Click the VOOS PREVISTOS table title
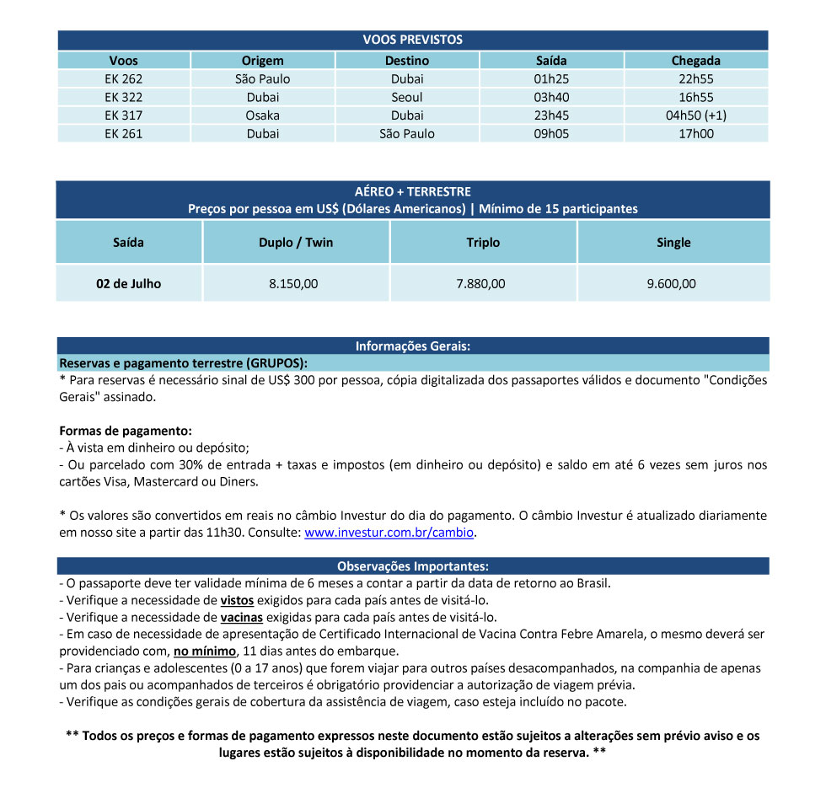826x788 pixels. coord(412,40)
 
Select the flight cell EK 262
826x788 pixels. coord(124,79)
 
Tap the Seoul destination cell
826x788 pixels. coord(407,97)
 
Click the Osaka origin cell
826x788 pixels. coord(263,115)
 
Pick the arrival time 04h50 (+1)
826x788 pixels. coord(695,115)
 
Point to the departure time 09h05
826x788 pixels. coord(551,133)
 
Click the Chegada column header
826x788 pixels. coord(695,61)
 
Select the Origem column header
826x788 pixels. coord(263,61)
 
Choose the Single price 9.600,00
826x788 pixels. coord(672,284)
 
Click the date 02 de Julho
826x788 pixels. coord(128,284)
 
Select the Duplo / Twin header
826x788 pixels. coord(296,243)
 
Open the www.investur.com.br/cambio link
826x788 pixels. coord(389,533)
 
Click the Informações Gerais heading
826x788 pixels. coord(412,346)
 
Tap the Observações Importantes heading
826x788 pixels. coord(412,566)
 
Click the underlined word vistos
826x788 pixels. coord(236,600)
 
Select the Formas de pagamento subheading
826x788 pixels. coord(126,431)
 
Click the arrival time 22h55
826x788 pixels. coord(695,79)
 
